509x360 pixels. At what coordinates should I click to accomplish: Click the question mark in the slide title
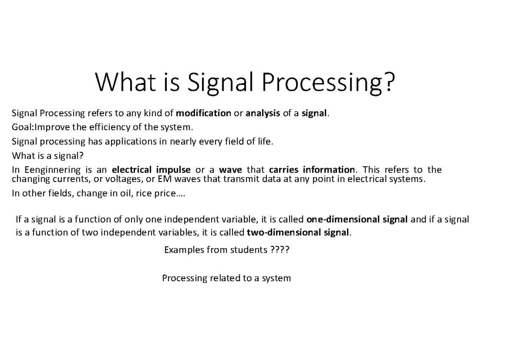388,83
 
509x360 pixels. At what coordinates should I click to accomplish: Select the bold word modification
203,114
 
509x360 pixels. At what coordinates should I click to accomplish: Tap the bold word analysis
263,114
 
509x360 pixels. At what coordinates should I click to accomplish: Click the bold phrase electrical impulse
151,170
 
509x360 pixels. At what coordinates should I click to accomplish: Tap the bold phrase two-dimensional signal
299,233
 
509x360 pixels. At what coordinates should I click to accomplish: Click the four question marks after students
280,250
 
